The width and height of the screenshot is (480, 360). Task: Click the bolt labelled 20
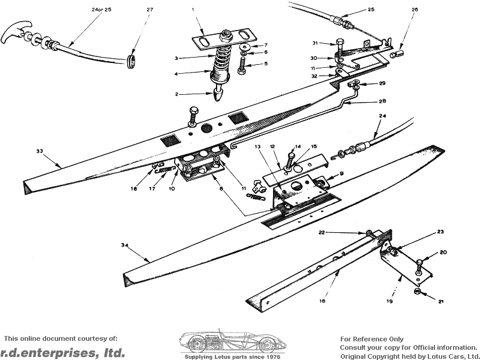420,262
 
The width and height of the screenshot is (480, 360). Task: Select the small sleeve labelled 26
395,55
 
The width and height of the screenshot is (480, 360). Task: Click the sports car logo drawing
231,343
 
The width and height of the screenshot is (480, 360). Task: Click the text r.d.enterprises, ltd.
62,352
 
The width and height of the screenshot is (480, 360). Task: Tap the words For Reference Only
371,339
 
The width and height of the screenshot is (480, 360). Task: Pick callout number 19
389,302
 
